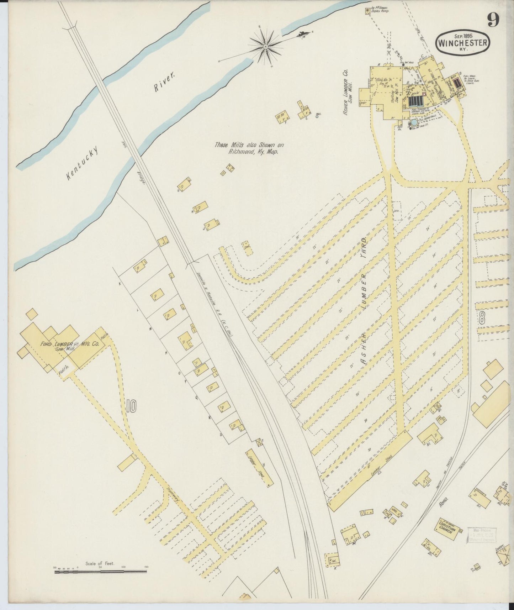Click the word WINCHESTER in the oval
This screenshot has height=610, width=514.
click(x=462, y=42)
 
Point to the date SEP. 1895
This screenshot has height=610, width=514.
click(x=462, y=35)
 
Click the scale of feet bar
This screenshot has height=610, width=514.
click(x=100, y=572)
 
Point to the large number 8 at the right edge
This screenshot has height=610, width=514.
click(x=482, y=318)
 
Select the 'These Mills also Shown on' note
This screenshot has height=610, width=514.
click(x=249, y=145)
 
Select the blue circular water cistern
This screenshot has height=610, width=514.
click(x=413, y=122)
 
